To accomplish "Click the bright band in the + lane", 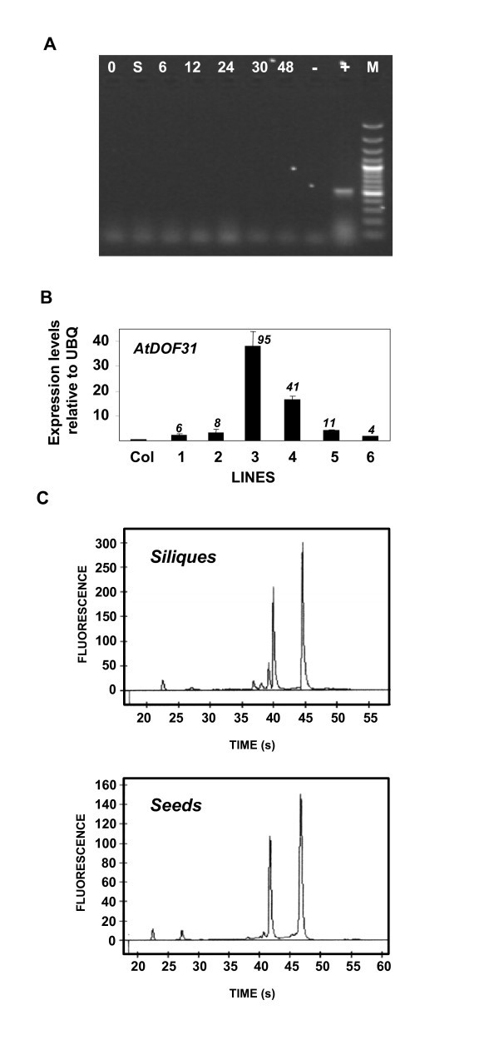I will point(343,192).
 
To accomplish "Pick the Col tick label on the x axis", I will point(138,457).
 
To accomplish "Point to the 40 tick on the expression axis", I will point(103,341).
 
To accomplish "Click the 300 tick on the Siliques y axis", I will point(108,543).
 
